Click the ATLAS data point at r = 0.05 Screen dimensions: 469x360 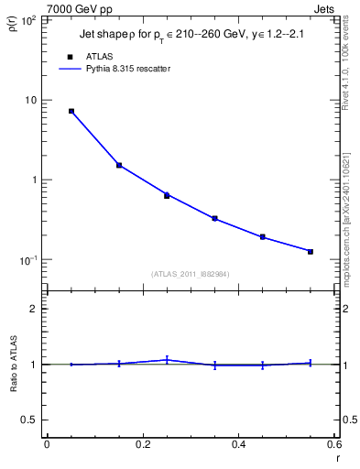click(x=71, y=111)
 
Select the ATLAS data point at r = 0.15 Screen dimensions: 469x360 click(x=119, y=165)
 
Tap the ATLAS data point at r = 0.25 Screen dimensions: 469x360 click(x=167, y=195)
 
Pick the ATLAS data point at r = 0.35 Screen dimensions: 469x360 click(x=214, y=218)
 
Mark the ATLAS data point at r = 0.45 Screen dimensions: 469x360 click(x=263, y=236)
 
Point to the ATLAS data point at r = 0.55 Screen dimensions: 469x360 click(x=311, y=251)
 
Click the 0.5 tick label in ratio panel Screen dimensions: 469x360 click(x=30, y=420)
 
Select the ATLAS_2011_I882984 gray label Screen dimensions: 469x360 click(x=191, y=273)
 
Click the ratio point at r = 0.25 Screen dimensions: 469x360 click(x=167, y=360)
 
